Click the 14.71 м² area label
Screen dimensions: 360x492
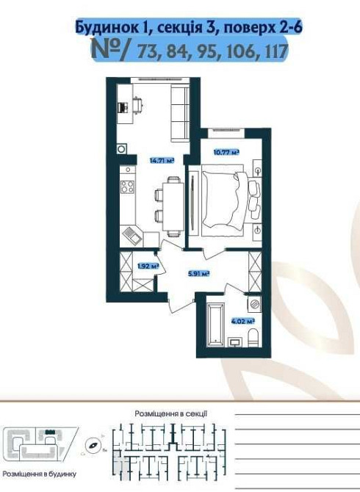(162, 161)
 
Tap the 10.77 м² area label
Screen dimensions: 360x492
(226, 153)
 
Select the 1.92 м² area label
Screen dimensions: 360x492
(148, 267)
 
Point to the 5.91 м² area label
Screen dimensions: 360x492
(198, 274)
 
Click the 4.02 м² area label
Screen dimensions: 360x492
(242, 321)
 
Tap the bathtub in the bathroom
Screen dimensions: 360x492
(215, 323)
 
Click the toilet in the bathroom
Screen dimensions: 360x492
(253, 338)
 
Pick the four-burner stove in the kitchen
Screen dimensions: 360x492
(127, 187)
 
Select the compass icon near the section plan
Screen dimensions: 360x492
(93, 444)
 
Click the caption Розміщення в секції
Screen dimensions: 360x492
(170, 414)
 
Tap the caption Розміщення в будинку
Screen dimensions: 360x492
(39, 474)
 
